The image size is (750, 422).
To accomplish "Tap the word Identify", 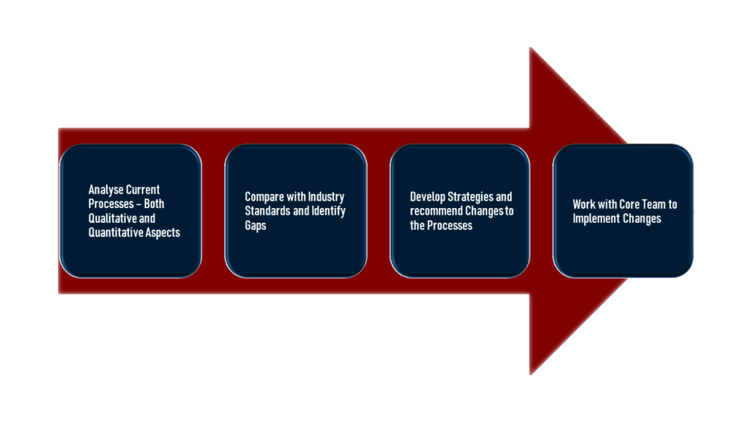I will point(329,212).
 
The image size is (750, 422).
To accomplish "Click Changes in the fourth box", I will point(641,219).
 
